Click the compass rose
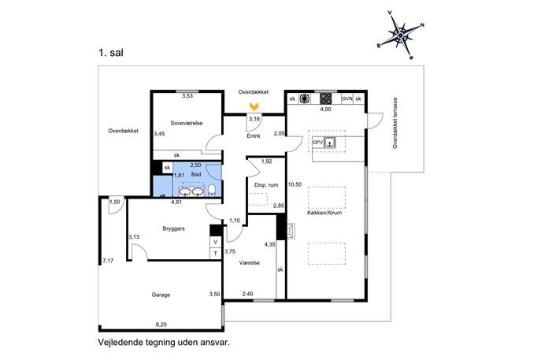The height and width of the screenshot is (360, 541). (400, 35)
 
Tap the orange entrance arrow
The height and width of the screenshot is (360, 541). (254, 106)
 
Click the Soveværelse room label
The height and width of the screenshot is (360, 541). (187, 123)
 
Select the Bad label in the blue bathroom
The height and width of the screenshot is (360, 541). (196, 174)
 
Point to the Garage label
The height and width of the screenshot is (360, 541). (161, 295)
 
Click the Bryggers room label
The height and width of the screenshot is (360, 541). (173, 228)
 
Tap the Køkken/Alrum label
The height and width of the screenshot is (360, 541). (324, 213)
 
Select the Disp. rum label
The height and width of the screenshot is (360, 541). (266, 185)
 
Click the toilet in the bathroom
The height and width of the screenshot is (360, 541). (212, 190)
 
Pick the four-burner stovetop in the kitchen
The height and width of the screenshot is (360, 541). (326, 99)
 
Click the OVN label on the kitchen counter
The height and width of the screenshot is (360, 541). (347, 98)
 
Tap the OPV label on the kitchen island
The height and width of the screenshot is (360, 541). (317, 143)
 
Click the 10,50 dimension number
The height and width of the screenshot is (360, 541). (295, 184)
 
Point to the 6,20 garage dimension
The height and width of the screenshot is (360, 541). (161, 325)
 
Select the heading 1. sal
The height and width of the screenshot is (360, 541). (111, 53)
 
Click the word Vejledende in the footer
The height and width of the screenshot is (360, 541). (120, 343)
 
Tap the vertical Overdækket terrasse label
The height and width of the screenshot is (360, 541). (395, 123)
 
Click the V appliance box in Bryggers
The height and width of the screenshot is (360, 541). (216, 242)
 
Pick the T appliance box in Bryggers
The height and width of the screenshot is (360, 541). (216, 254)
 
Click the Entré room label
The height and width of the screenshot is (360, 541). (254, 136)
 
